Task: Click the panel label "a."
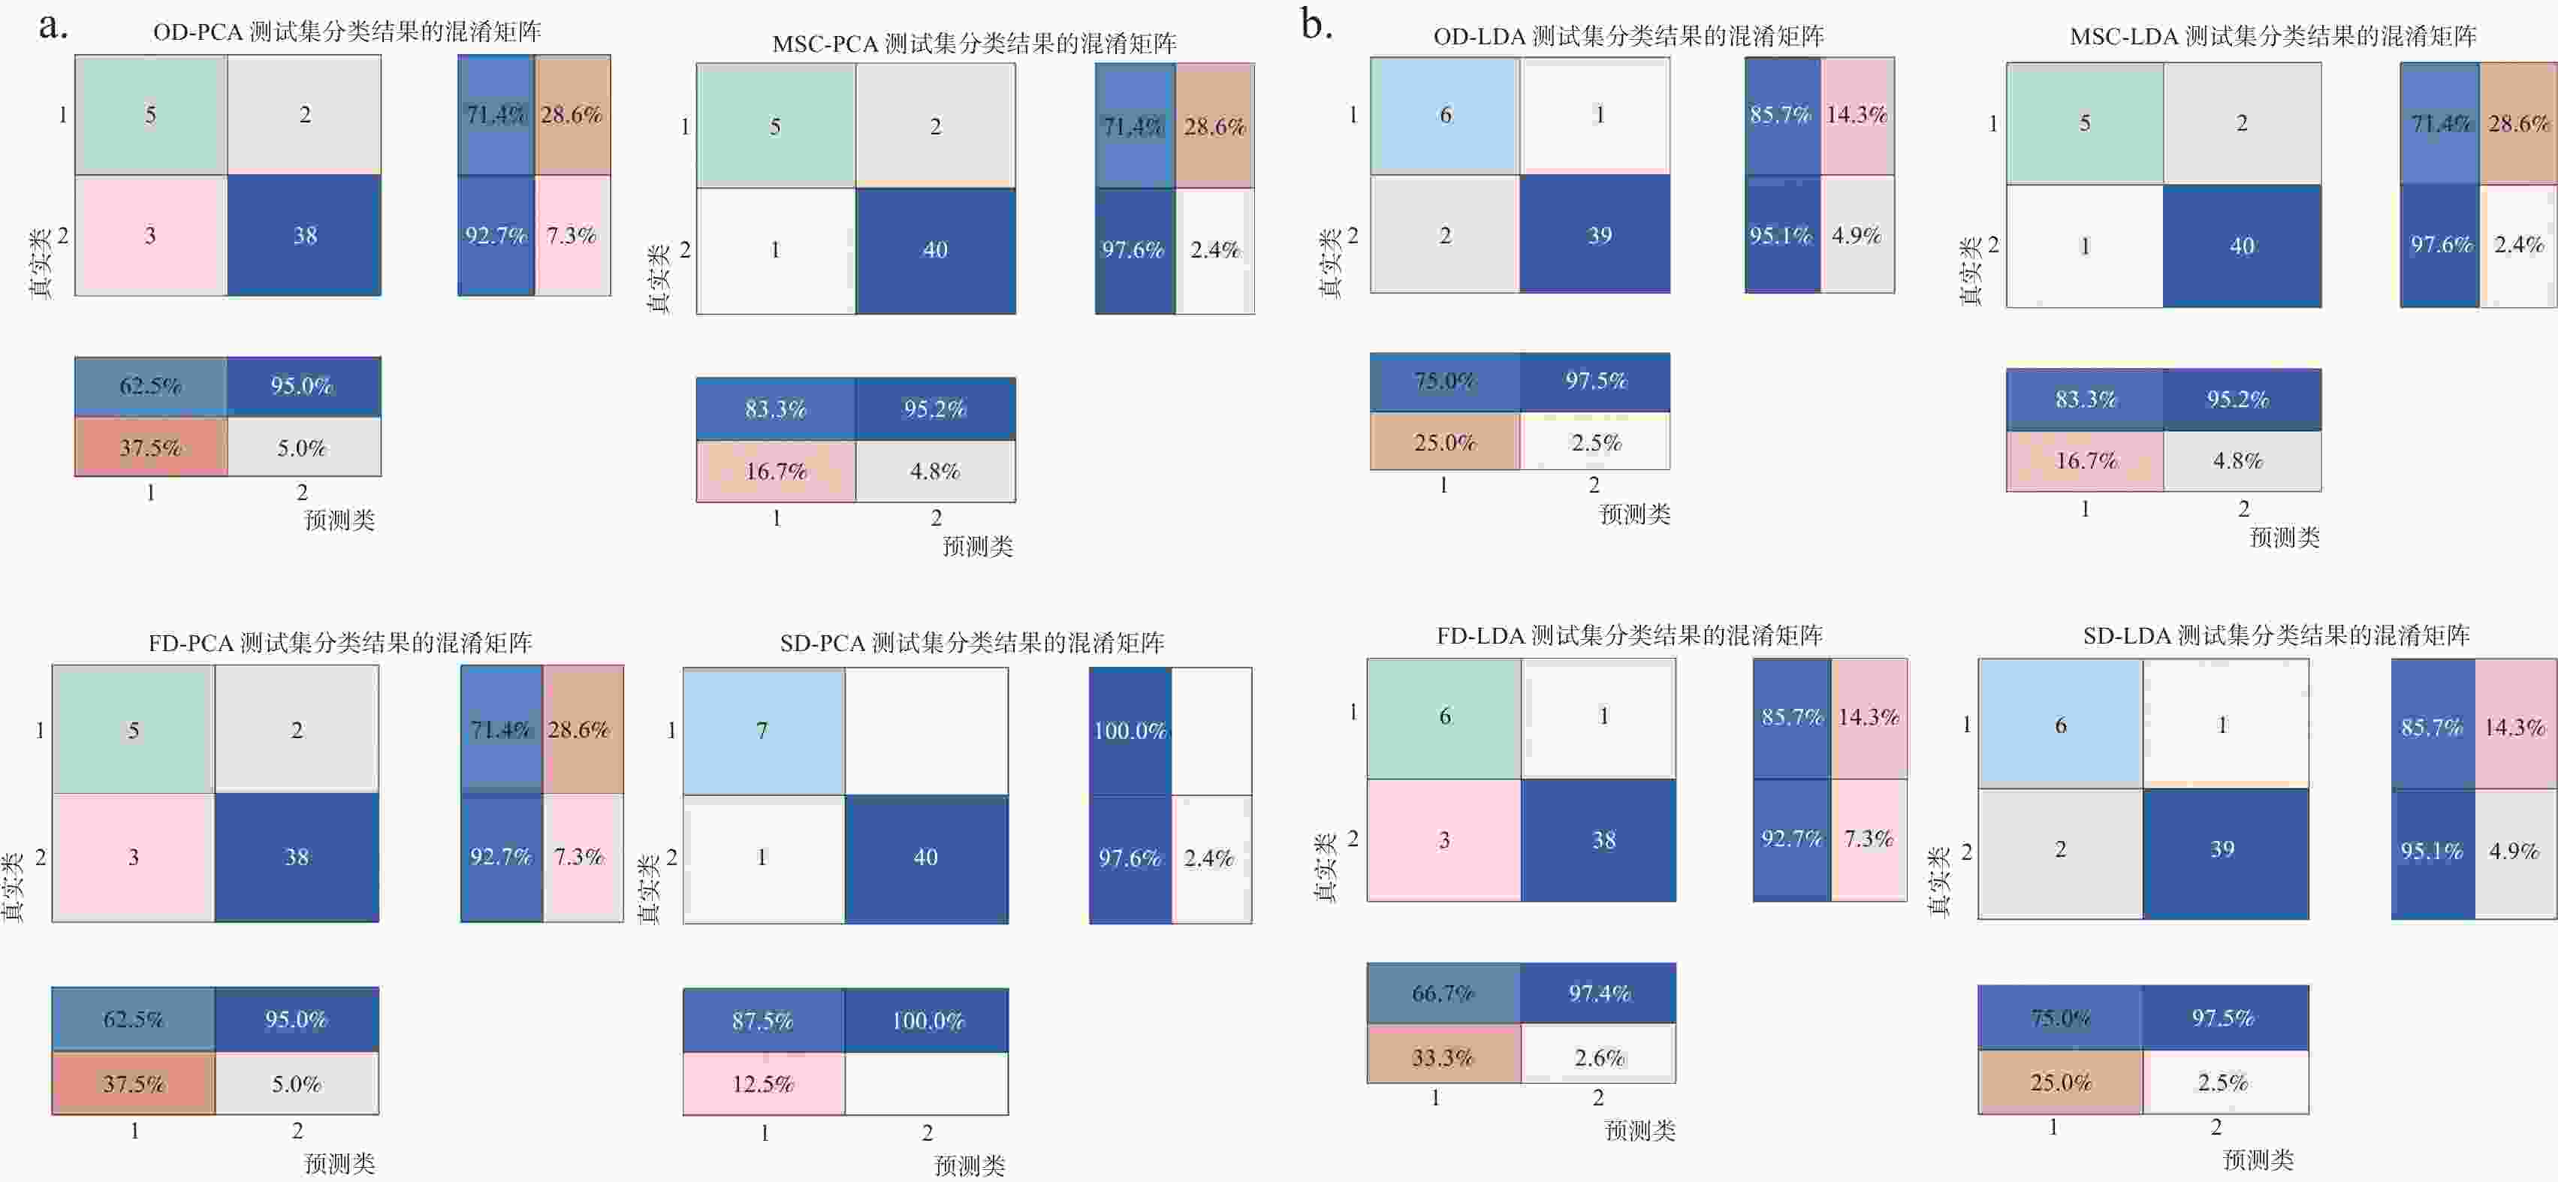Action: tap(53, 26)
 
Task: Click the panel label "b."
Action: tap(1317, 26)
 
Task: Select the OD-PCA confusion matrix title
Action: tap(346, 32)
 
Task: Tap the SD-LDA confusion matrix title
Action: tap(2275, 636)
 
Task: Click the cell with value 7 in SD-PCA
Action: tap(762, 731)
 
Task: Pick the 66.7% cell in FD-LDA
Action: tap(1443, 994)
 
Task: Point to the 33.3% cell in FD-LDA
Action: tap(1443, 1057)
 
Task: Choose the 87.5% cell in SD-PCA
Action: tap(762, 1021)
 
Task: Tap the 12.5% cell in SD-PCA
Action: tap(762, 1084)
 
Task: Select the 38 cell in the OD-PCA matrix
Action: tap(304, 235)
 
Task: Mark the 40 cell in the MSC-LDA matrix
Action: tap(2241, 246)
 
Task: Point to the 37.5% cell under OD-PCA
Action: tap(150, 448)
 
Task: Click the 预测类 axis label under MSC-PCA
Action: tap(977, 546)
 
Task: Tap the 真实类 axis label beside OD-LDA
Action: tap(1329, 264)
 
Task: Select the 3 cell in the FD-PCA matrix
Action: tap(133, 857)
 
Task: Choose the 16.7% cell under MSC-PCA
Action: tap(776, 472)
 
